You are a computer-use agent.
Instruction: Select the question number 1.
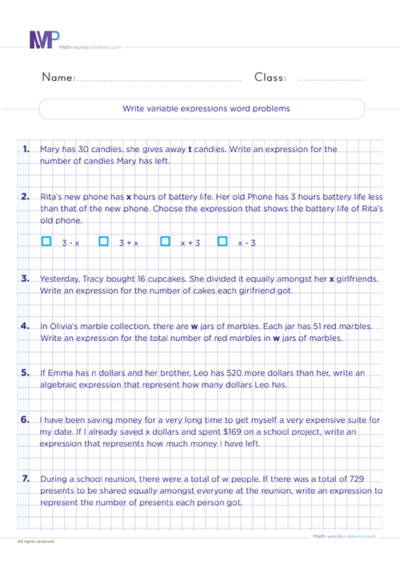pyautogui.click(x=26, y=149)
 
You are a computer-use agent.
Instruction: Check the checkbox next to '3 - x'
pyautogui.click(x=46, y=218)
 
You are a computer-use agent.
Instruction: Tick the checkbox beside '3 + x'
pyautogui.click(x=104, y=218)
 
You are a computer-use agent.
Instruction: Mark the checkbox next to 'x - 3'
pyautogui.click(x=222, y=218)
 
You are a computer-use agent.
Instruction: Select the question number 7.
pyautogui.click(x=26, y=478)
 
